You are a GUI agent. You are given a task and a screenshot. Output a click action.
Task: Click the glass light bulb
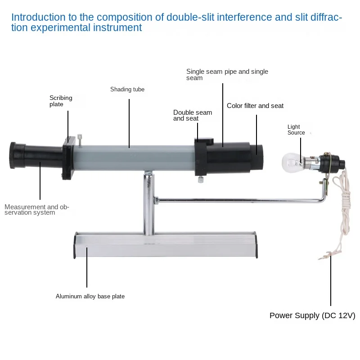tap(292, 161)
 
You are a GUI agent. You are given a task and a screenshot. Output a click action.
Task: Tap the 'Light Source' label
tap(296, 130)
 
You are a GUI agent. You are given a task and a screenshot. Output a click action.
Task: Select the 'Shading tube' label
tap(127, 90)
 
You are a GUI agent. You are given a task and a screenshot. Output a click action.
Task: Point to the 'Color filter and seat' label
tap(255, 106)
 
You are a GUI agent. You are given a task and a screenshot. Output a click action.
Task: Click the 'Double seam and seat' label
tap(193, 115)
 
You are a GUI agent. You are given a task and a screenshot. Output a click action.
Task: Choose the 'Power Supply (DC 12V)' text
tap(312, 315)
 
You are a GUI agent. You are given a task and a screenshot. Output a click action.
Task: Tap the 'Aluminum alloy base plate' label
tap(90, 296)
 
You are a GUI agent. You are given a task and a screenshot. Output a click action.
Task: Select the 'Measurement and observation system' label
tap(37, 210)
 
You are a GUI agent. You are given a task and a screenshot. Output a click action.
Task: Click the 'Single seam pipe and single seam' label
tap(227, 75)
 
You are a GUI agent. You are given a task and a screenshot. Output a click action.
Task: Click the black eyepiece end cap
tap(17, 155)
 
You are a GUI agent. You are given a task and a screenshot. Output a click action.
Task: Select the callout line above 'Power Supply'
tap(331, 279)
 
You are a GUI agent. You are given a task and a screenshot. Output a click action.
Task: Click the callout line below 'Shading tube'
tap(129, 121)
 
